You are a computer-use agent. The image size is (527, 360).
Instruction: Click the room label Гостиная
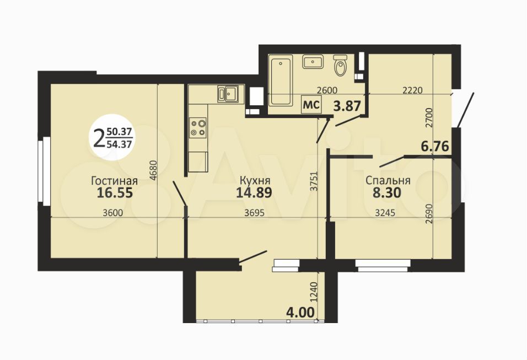[x=114, y=181]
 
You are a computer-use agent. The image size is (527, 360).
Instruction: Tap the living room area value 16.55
[x=115, y=193]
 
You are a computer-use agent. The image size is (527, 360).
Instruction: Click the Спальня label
[x=388, y=180]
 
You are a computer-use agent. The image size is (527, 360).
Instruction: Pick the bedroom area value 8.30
[x=387, y=192]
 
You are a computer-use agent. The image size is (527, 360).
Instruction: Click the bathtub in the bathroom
[x=281, y=80]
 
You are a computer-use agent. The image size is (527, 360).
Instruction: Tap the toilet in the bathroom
[x=341, y=65]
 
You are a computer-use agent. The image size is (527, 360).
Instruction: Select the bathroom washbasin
[x=313, y=62]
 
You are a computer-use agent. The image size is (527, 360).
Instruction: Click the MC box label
[x=311, y=105]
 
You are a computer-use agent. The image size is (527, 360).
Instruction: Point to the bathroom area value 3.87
[x=347, y=106]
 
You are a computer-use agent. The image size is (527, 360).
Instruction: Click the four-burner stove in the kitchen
[x=198, y=128]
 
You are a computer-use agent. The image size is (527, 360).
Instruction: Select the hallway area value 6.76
[x=435, y=147]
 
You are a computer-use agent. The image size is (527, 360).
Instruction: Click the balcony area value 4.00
[x=300, y=312]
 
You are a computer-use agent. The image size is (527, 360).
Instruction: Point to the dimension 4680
[x=153, y=171]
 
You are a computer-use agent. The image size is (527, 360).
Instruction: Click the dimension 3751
[x=314, y=181]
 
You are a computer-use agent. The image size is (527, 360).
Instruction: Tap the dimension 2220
[x=412, y=90]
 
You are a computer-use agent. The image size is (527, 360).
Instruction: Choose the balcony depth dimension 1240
[x=314, y=292]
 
